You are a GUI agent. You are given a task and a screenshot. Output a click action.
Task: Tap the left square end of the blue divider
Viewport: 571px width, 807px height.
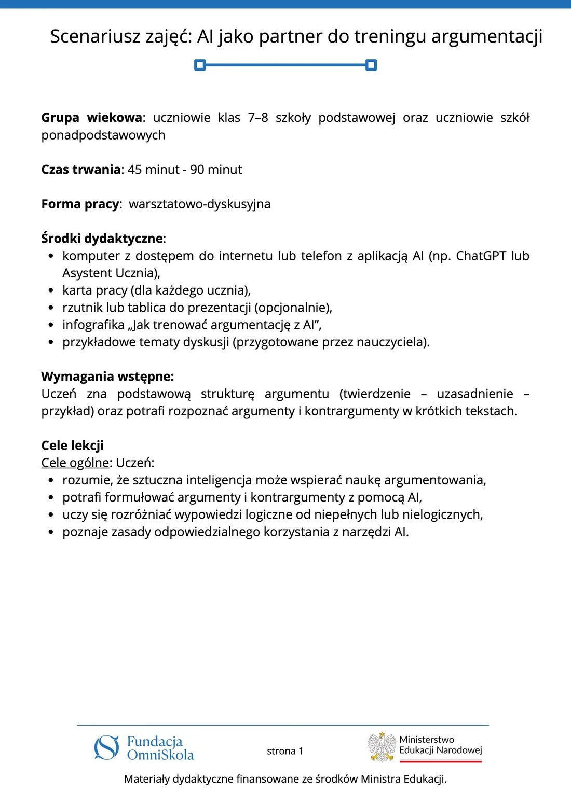pos(200,65)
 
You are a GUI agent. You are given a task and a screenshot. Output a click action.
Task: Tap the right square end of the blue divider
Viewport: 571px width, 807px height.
pos(371,65)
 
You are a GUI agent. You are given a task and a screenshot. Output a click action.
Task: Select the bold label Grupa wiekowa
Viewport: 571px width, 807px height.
pos(91,118)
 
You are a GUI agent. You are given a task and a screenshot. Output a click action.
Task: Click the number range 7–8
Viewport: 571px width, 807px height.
pos(258,118)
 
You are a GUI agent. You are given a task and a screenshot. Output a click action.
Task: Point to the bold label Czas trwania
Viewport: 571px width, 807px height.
pos(80,170)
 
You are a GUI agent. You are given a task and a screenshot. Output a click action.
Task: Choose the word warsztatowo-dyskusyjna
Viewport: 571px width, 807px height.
pos(200,204)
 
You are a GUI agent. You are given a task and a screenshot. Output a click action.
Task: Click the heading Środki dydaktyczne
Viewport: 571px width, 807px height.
pos(102,239)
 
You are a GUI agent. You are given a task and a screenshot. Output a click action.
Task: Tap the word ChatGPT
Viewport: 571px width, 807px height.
pos(480,256)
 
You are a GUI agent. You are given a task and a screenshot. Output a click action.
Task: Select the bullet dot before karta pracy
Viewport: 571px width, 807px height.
pos(50,290)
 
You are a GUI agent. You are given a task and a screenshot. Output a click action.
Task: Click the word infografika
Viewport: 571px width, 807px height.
pos(93,325)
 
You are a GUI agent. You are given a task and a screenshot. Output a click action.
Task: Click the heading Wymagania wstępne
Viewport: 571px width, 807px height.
pos(107,377)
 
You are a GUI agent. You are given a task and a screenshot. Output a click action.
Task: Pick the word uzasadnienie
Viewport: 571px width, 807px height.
pos(475,394)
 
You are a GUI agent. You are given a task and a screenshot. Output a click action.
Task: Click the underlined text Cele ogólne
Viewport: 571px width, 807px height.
pos(75,463)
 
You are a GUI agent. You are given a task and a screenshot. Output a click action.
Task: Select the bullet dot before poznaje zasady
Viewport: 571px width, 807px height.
pos(50,532)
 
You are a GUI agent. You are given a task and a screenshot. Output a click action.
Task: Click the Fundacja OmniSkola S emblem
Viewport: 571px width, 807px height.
pos(107,747)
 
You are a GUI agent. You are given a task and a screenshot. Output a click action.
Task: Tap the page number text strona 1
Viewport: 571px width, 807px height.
pos(284,751)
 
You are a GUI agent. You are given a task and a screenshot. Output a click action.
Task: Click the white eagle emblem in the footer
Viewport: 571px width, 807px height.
pos(382,747)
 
